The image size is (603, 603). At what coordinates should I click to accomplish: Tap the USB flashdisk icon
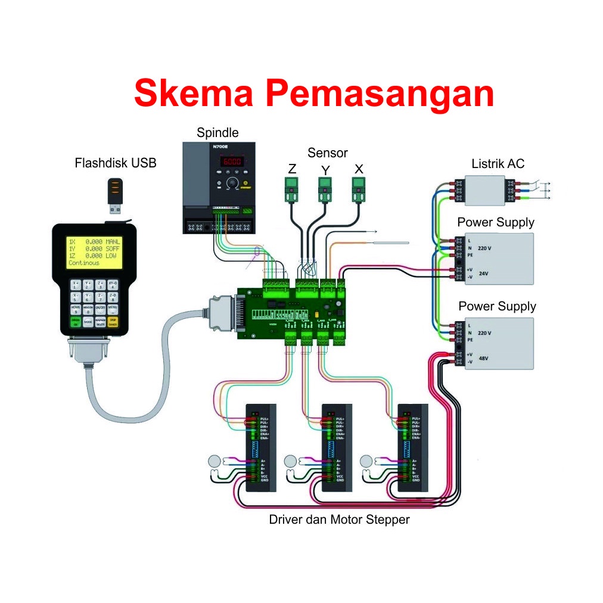[x=116, y=195]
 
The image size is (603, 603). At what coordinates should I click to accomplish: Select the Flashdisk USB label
[x=116, y=163]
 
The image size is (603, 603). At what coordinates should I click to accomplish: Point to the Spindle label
[x=217, y=132]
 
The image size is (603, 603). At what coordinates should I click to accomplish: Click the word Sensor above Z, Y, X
[x=327, y=153]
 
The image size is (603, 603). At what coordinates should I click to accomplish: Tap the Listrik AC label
[x=498, y=163]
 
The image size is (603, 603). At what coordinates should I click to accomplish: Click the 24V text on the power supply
[x=484, y=274]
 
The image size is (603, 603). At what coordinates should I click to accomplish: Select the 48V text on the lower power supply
[x=484, y=359]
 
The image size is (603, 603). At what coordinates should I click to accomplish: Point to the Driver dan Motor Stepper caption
[x=339, y=520]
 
